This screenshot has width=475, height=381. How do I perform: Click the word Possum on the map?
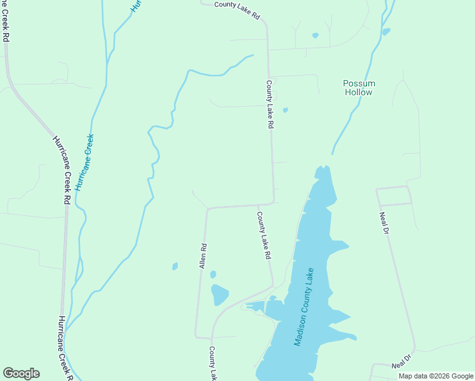tap(359, 83)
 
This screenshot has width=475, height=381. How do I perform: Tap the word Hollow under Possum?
tap(359, 92)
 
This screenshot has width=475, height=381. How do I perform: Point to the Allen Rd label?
tap(203, 256)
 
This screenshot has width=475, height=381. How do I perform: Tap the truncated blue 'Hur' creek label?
tap(135, 6)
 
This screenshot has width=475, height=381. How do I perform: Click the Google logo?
tap(21, 373)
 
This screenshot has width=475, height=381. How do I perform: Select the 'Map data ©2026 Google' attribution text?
tap(436, 376)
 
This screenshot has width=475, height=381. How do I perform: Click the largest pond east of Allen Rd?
tap(219, 295)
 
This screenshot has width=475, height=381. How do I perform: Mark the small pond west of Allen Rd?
tap(175, 267)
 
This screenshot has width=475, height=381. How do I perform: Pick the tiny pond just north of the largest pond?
tap(213, 274)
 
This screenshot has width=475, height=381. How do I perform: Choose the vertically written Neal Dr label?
tap(384, 223)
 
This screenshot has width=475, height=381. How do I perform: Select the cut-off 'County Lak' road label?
tap(213, 364)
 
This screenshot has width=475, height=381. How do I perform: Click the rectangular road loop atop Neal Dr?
tap(394, 196)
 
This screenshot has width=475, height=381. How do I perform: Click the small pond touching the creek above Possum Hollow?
tap(386, 31)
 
